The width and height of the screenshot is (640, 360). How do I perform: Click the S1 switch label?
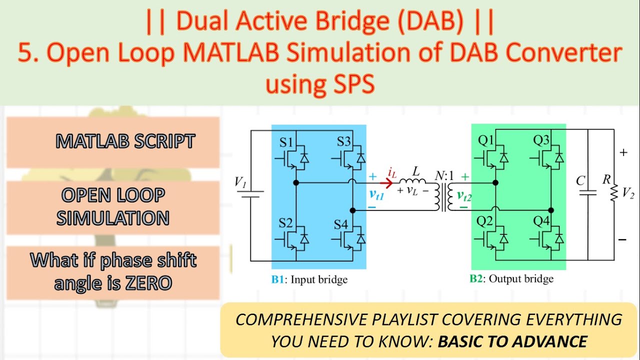tap(285, 142)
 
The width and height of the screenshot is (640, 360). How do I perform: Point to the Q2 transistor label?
tap(484, 221)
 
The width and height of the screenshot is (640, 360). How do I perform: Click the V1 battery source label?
tap(240, 182)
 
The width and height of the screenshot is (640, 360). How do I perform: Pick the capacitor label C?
tap(580, 180)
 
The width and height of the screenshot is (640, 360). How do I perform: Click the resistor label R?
tap(606, 179)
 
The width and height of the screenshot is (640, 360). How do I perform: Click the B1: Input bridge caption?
tap(309, 279)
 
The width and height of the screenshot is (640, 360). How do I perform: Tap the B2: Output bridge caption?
tap(511, 279)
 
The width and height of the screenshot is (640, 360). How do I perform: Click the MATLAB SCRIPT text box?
tap(125, 142)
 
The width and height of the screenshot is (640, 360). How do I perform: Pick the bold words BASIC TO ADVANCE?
tap(512, 341)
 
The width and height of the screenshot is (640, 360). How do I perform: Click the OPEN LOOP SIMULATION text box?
tap(112, 206)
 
